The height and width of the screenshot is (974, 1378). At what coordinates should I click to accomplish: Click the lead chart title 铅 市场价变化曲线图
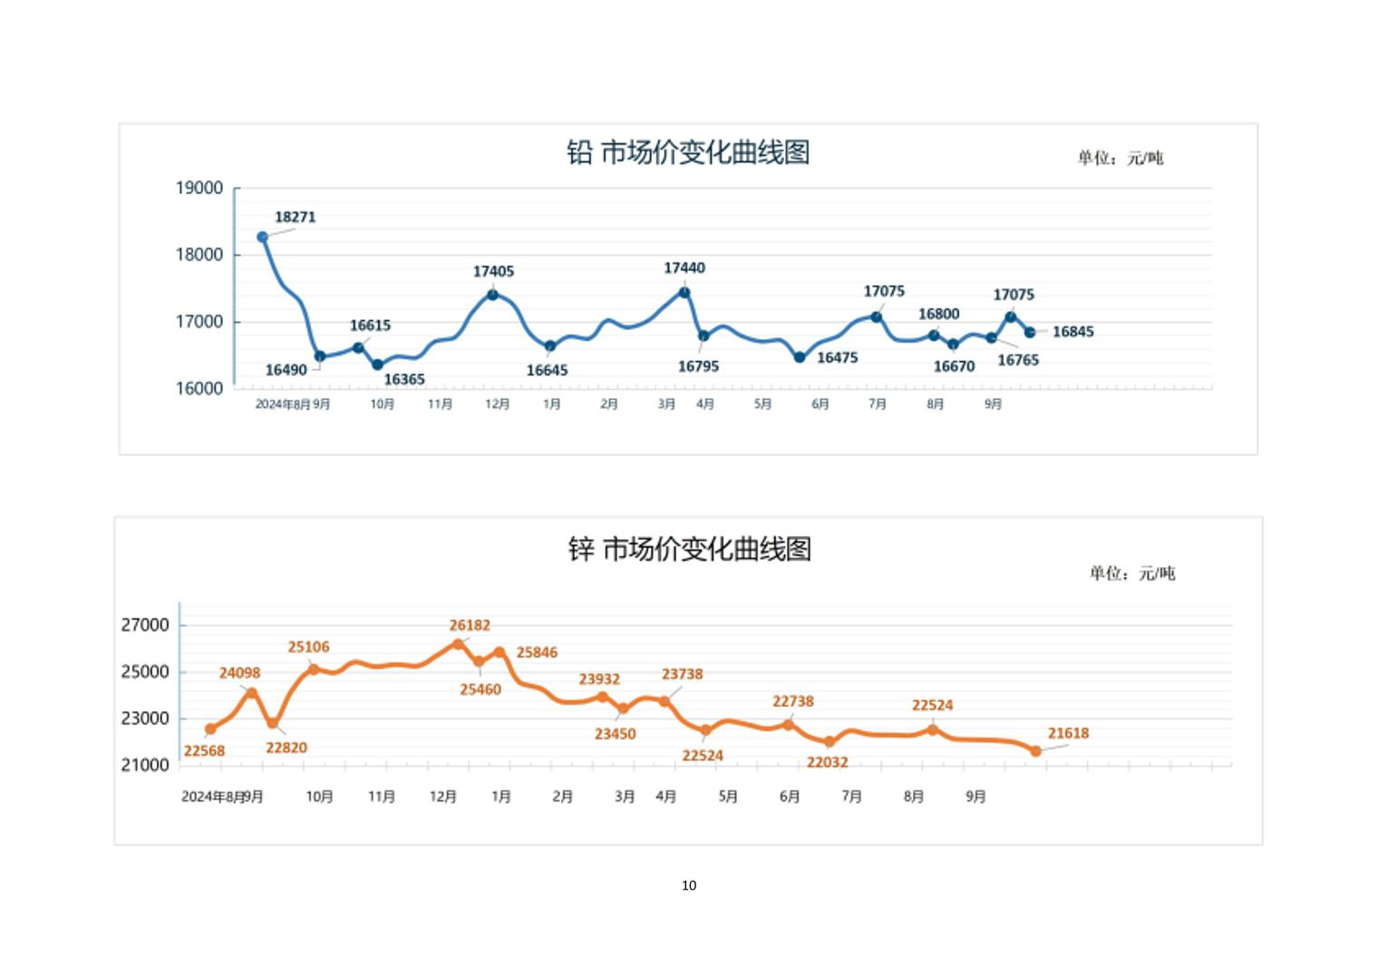pos(688,152)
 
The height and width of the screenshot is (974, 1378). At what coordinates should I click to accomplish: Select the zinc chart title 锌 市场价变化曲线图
pos(689,549)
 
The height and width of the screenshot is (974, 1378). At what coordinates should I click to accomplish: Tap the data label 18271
pos(296,217)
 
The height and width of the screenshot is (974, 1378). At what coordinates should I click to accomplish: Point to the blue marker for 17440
pos(684,292)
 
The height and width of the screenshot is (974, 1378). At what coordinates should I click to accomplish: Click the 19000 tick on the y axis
pos(199,189)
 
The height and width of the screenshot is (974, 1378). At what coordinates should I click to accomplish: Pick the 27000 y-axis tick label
pos(145,625)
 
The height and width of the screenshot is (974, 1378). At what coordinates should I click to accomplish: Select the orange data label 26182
pos(470,625)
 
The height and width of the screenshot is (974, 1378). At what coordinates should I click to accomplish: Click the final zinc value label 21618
pos(1068,733)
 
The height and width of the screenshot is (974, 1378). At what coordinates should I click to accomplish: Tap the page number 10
pos(689,885)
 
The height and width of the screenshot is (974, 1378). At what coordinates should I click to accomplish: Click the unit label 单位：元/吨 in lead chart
pos(1120,158)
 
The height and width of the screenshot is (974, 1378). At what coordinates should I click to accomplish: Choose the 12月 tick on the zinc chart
pos(442,796)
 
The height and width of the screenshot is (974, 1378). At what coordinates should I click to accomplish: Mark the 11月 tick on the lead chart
pos(441,404)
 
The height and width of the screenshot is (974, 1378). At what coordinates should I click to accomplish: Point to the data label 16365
pos(404,379)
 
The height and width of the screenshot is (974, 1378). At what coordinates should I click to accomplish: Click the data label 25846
pos(537,652)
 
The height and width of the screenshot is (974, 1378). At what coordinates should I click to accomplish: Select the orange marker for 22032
pos(830,742)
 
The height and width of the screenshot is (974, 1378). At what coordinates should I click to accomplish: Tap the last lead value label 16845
pos(1072,332)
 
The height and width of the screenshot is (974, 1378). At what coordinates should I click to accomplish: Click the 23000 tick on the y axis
pos(145,718)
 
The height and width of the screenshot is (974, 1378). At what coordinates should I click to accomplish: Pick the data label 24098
pos(239,673)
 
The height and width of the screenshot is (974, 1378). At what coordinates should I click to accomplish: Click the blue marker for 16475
pos(800,357)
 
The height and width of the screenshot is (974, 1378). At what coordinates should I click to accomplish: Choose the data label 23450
pos(615,734)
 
